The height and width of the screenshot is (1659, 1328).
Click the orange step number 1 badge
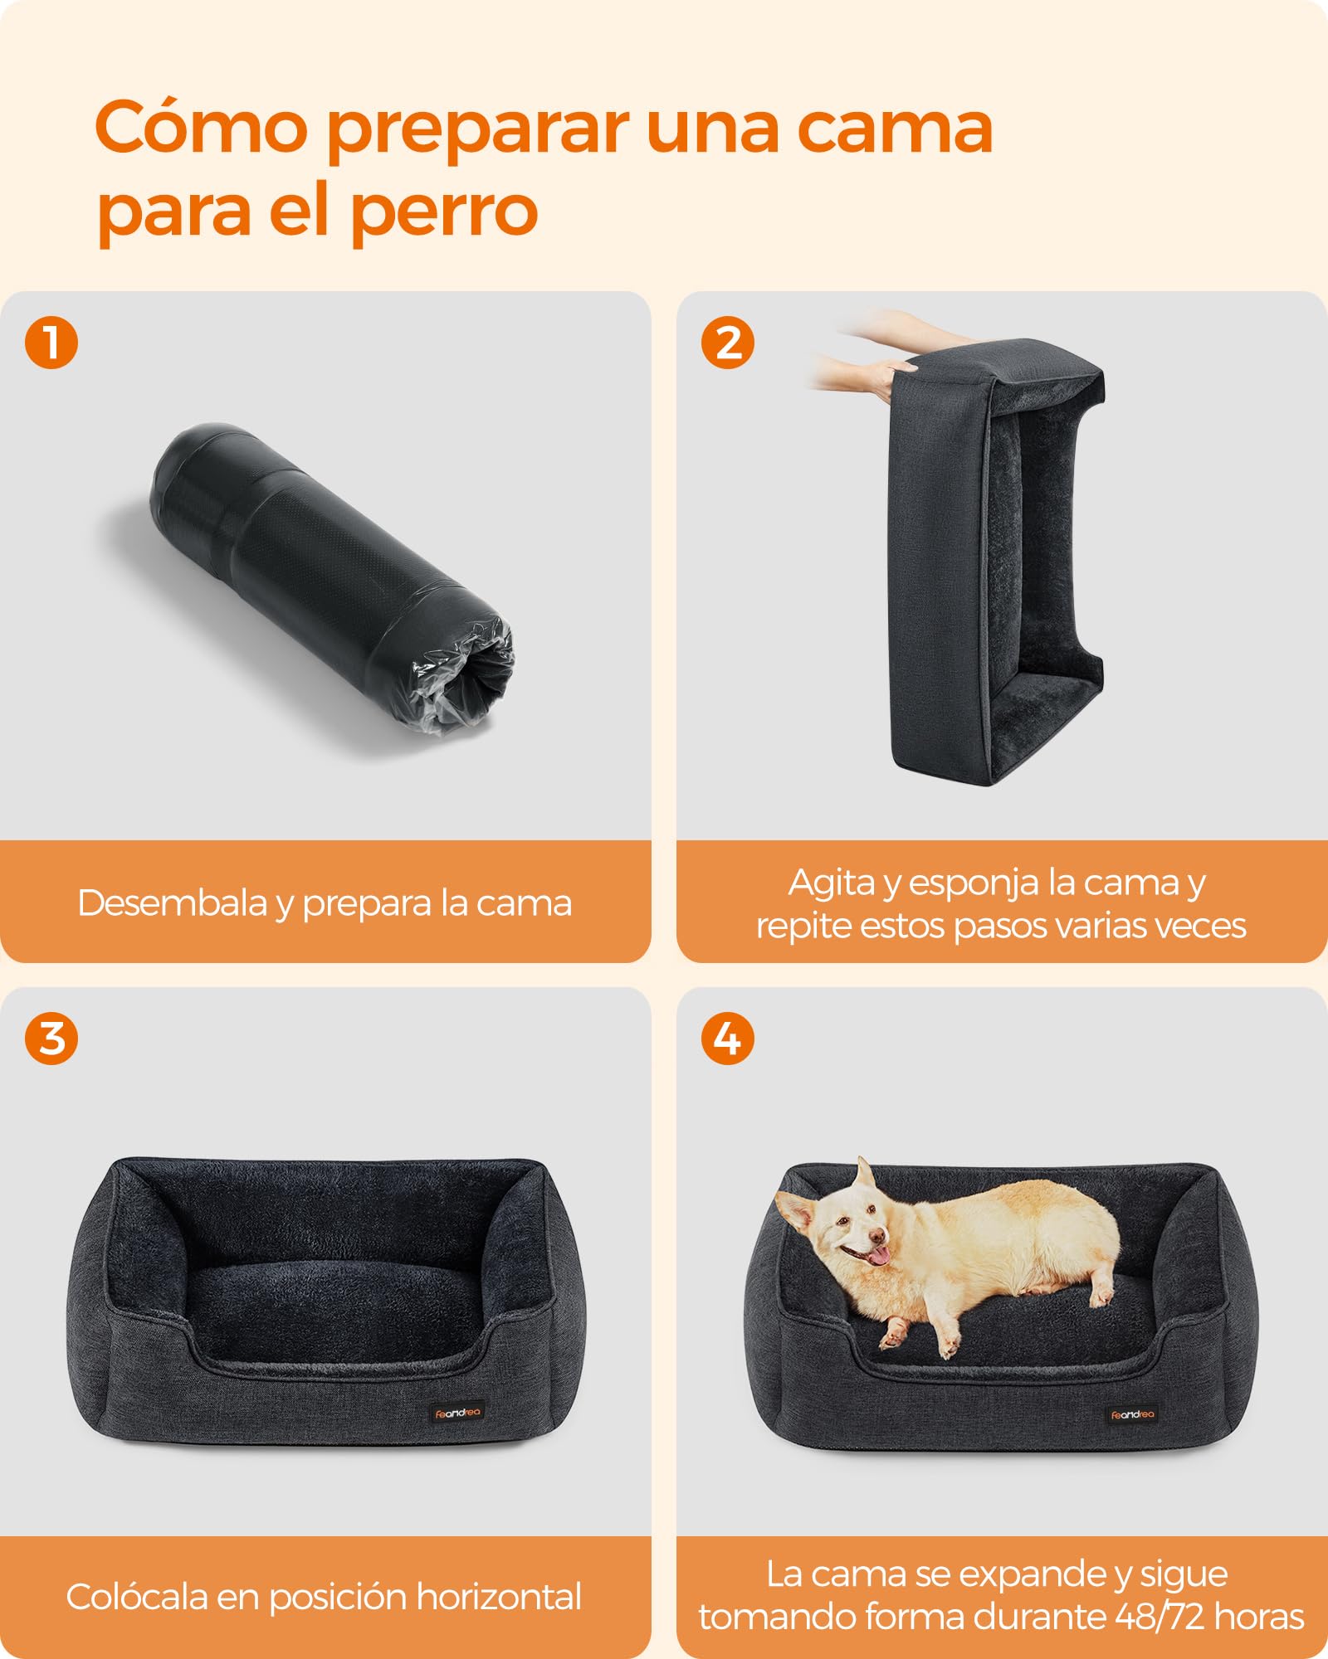[x=51, y=343]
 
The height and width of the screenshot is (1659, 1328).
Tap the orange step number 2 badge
[x=728, y=343]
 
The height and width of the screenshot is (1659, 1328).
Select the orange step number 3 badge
[x=51, y=1038]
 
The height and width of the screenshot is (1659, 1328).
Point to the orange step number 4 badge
[x=728, y=1038]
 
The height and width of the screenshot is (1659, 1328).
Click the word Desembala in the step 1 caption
[x=173, y=902]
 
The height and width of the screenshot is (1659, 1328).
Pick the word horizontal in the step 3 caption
[x=499, y=1597]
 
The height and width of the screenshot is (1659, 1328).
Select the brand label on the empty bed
[x=457, y=1413]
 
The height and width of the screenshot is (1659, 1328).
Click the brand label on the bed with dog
[x=1132, y=1414]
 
